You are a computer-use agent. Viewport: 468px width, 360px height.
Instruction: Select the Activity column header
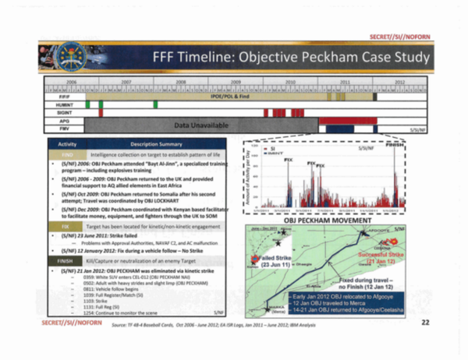(66, 145)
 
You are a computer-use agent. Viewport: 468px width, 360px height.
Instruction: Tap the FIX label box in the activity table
(66, 225)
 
